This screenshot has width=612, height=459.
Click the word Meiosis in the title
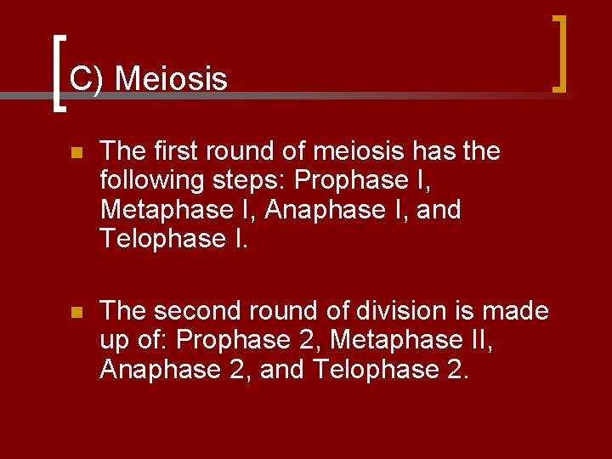click(x=171, y=79)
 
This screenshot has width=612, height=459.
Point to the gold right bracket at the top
click(x=559, y=53)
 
